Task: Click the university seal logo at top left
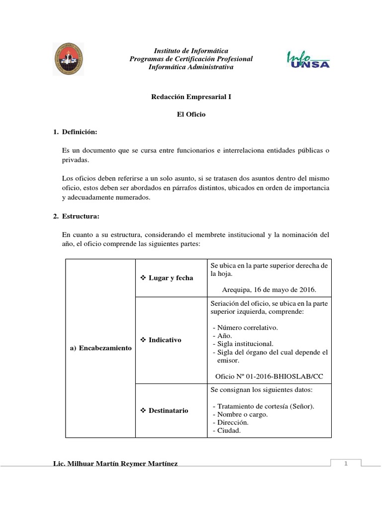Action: coord(68,59)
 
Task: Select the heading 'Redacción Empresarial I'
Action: coord(191,97)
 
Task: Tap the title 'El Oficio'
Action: coord(191,114)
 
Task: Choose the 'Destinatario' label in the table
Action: coord(168,410)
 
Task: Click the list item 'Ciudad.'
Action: coord(227,431)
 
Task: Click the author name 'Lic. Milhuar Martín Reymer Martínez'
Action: coord(115,464)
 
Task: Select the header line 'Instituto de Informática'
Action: coord(191,51)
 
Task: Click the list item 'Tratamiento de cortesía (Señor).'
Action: coord(264,406)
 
